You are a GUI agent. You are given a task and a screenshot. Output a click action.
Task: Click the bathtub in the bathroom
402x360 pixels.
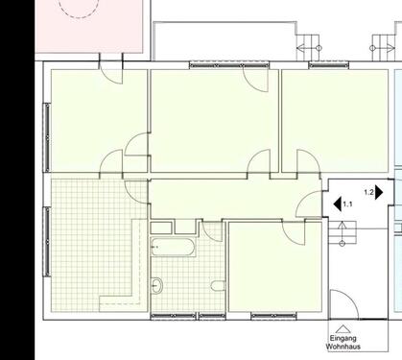(x=174, y=248)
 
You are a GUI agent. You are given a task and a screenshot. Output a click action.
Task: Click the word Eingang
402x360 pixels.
(x=343, y=339)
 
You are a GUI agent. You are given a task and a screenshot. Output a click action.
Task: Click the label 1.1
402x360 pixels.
(x=348, y=204)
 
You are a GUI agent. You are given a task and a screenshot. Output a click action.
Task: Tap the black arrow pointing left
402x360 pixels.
(x=337, y=204)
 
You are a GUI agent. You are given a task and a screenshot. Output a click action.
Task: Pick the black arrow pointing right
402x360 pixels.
(x=379, y=192)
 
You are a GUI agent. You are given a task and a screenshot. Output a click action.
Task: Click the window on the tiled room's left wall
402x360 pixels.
(x=45, y=240)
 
